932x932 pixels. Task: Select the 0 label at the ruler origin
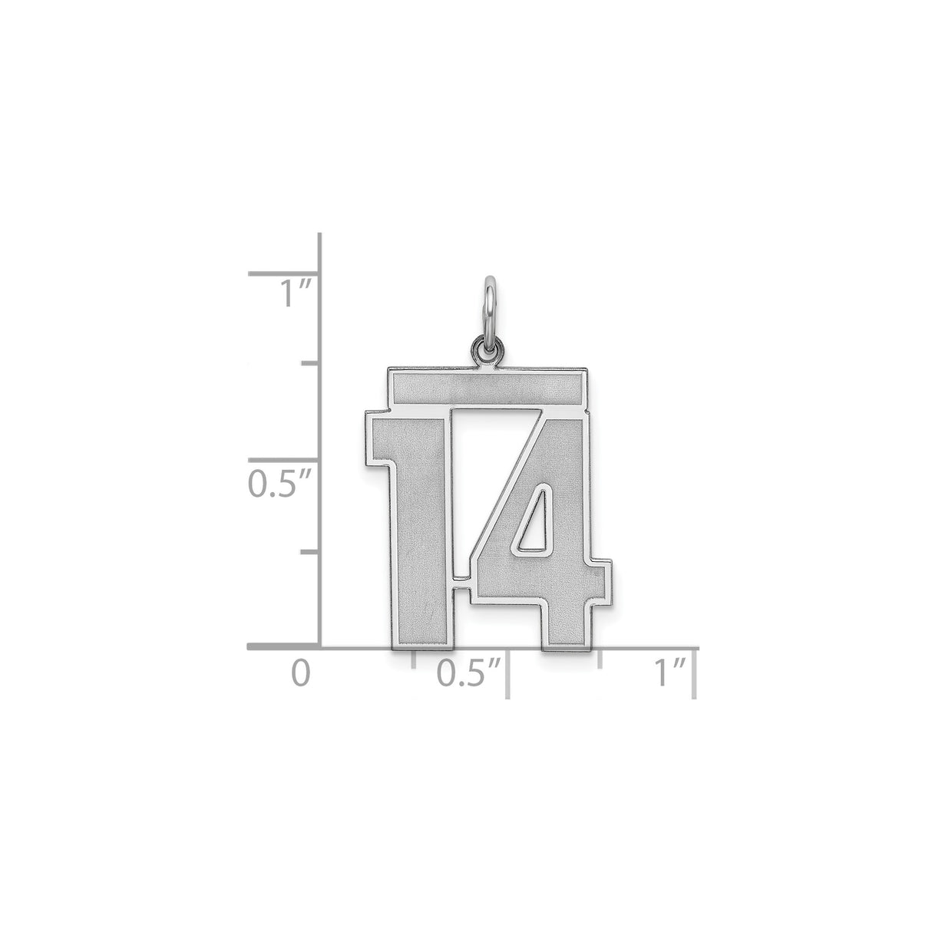click(301, 673)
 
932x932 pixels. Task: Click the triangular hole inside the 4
click(532, 520)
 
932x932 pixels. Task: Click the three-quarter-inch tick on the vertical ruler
click(310, 363)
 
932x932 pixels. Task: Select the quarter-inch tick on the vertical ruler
click(310, 551)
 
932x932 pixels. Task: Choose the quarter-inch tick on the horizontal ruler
click(414, 658)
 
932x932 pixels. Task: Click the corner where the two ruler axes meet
click(319, 648)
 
